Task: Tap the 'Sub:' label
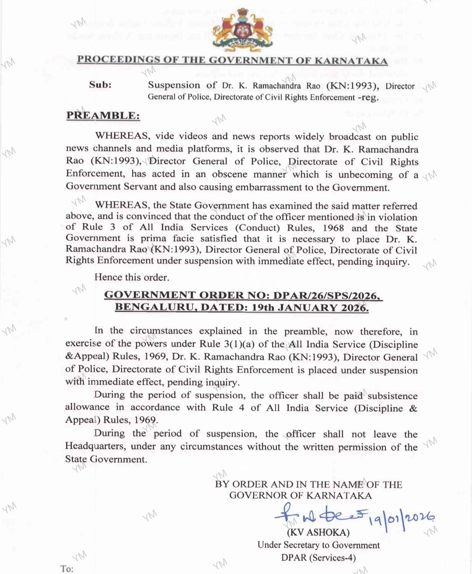[100, 85]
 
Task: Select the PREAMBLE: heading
[103, 116]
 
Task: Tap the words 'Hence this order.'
[132, 277]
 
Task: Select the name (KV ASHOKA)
[318, 532]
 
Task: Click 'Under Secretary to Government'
[318, 545]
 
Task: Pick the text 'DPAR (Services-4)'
[318, 557]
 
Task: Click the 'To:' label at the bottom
[67, 568]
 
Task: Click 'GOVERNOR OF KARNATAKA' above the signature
[301, 496]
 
